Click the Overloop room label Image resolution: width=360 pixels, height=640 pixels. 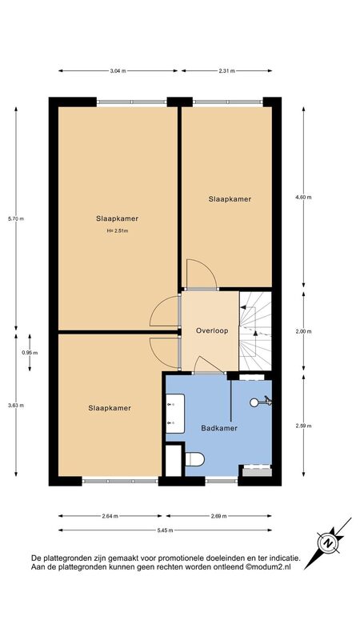pyautogui.click(x=211, y=330)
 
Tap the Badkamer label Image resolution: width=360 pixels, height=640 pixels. pyautogui.click(x=219, y=428)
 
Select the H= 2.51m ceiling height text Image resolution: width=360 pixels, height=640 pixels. pyautogui.click(x=118, y=230)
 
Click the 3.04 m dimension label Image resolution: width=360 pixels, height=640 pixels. pyautogui.click(x=118, y=70)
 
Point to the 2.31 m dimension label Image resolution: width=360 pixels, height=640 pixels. pyautogui.click(x=227, y=70)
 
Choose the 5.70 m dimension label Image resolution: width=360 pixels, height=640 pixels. pyautogui.click(x=16, y=218)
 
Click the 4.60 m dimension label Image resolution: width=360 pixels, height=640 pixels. pyautogui.click(x=303, y=197)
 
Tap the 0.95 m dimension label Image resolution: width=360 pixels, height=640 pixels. pyautogui.click(x=30, y=353)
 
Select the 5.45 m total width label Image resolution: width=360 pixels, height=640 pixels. pyautogui.click(x=165, y=530)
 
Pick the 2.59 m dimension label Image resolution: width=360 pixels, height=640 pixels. pyautogui.click(x=303, y=426)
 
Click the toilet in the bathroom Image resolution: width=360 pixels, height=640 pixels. pyautogui.click(x=194, y=458)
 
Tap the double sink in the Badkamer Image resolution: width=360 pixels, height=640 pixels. pyautogui.click(x=175, y=413)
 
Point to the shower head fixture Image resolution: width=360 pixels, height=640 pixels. pyautogui.click(x=261, y=402)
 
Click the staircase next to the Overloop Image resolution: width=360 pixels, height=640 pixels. pyautogui.click(x=255, y=330)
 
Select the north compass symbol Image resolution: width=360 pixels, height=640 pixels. pyautogui.click(x=328, y=543)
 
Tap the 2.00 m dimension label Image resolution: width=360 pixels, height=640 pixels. pyautogui.click(x=303, y=331)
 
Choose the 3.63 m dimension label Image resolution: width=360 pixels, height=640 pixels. pyautogui.click(x=16, y=406)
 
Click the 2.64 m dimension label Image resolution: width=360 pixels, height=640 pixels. pyautogui.click(x=110, y=516)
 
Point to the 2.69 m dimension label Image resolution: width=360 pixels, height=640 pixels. pyautogui.click(x=218, y=516)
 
